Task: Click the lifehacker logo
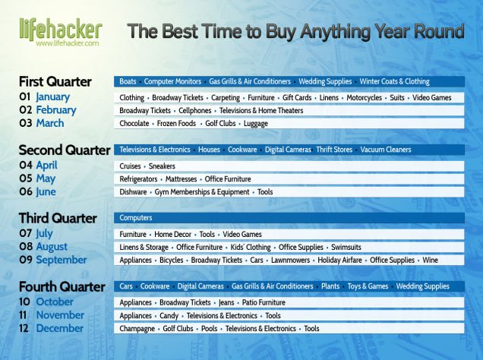(x=61, y=30)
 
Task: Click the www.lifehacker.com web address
(x=68, y=43)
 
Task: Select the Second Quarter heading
(x=65, y=150)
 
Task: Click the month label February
(x=56, y=110)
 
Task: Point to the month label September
(x=62, y=261)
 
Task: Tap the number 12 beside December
(x=24, y=328)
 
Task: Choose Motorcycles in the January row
(x=364, y=98)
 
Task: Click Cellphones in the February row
(x=195, y=111)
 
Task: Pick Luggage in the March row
(x=256, y=124)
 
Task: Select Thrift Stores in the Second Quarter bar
(x=334, y=150)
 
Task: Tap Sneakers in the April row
(x=162, y=166)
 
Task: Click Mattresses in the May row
(x=181, y=179)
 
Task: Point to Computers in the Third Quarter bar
(x=136, y=218)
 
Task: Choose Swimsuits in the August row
(x=346, y=248)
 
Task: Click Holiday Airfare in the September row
(x=339, y=261)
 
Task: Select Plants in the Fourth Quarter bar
(x=330, y=286)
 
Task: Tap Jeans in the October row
(x=226, y=303)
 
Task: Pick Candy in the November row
(x=169, y=316)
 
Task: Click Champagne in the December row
(x=137, y=329)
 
